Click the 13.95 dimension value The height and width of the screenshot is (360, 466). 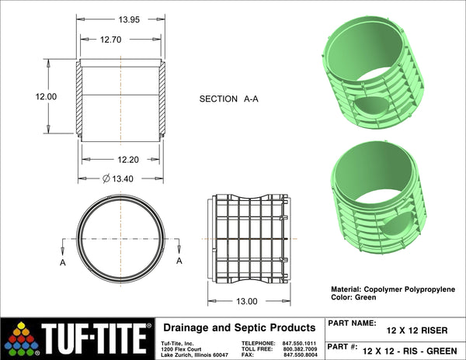click(x=129, y=19)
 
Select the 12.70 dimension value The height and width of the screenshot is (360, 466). click(x=110, y=40)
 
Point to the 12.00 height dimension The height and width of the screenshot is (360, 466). click(x=46, y=96)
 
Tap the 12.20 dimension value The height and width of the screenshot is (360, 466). click(x=128, y=160)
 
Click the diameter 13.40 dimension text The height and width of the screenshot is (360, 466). click(x=118, y=178)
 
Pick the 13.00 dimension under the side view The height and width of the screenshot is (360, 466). click(x=247, y=302)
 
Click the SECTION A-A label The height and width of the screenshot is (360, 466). click(x=228, y=99)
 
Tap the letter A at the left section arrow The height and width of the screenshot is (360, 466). click(x=63, y=263)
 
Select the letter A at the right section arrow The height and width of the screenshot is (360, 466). click(x=179, y=261)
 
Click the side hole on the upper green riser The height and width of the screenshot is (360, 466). click(x=368, y=107)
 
